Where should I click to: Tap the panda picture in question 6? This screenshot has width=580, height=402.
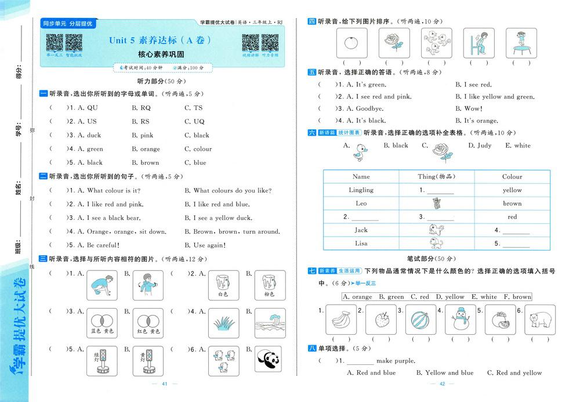(x=269, y=358)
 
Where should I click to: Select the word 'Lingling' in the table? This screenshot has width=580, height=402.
(x=361, y=190)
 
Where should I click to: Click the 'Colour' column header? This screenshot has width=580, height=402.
(x=512, y=176)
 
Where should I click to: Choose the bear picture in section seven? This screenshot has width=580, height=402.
(x=536, y=320)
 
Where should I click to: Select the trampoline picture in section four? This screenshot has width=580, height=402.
(x=521, y=43)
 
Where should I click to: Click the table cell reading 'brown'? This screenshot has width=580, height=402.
(x=512, y=204)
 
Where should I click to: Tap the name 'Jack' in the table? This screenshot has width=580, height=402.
(x=361, y=230)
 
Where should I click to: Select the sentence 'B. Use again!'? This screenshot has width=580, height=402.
(x=205, y=245)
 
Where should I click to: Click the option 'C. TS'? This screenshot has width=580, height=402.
(x=194, y=108)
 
